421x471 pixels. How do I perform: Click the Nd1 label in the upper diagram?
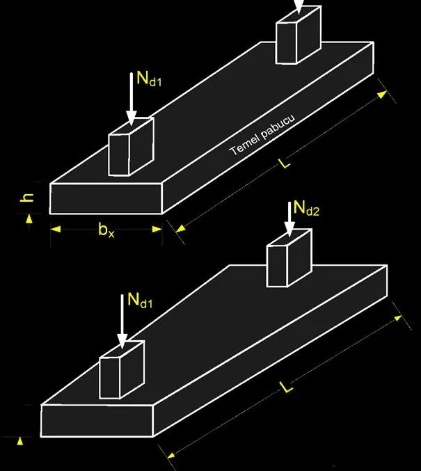click(x=149, y=79)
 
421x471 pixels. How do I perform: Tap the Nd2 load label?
click(x=306, y=207)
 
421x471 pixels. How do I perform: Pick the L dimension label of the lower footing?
click(x=288, y=387)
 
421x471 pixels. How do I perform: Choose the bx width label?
click(x=106, y=231)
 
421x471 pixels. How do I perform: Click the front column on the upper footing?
click(x=129, y=147)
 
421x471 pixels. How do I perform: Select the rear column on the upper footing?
click(x=296, y=33)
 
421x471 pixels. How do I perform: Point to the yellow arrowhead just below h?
click(x=29, y=218)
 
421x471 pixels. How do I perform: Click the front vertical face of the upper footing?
click(x=106, y=199)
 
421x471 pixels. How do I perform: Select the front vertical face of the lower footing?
click(x=97, y=420)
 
